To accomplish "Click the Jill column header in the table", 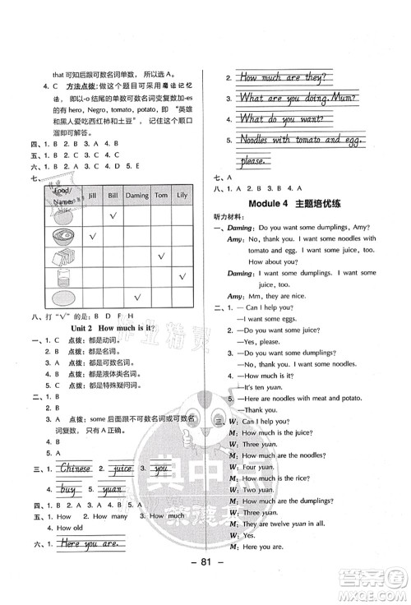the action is pyautogui.click(x=92, y=196).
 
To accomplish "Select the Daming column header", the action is pyautogui.click(x=136, y=196).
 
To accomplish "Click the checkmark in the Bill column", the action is pyautogui.click(x=114, y=215).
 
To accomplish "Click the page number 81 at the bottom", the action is pyautogui.click(x=205, y=585).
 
